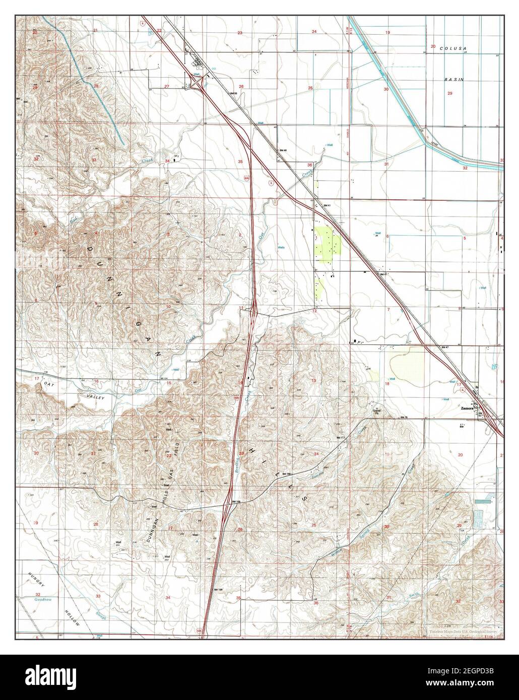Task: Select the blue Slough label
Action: (102, 617)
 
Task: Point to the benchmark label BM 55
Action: (233, 94)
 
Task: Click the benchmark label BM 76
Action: (404, 418)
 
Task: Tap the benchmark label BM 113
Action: (341, 438)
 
